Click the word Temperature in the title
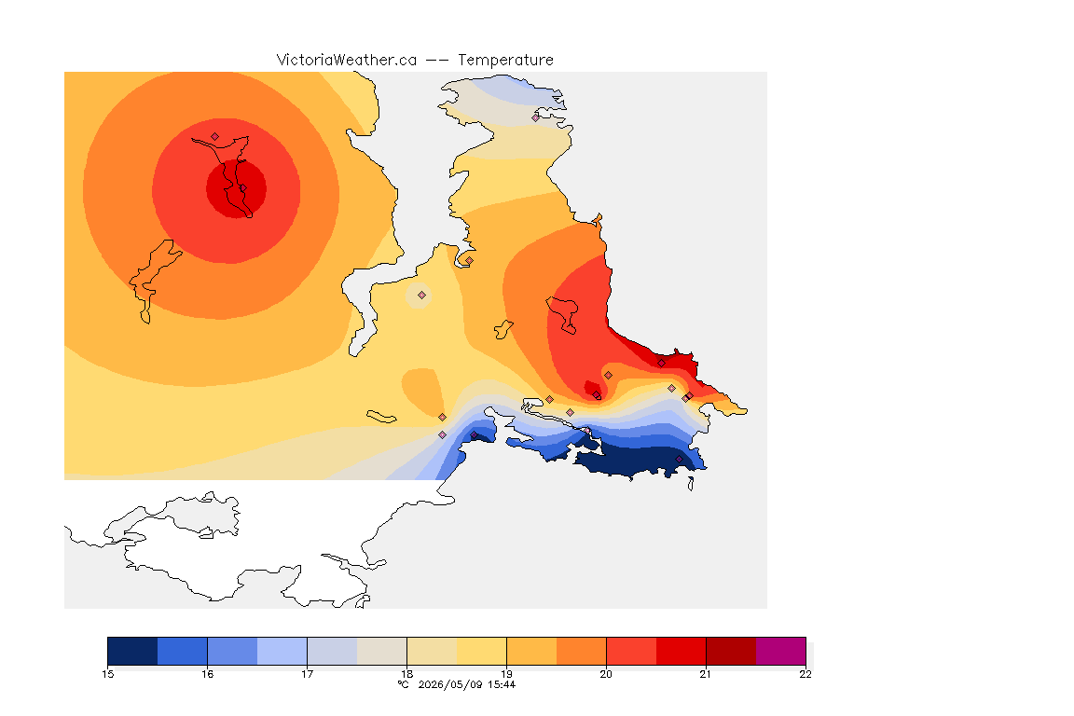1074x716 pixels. (505, 61)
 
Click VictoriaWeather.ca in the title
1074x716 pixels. (347, 61)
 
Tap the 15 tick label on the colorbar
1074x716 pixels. (107, 674)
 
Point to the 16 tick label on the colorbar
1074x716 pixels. (208, 674)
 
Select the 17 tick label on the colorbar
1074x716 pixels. (307, 674)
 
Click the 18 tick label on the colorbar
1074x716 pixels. (406, 674)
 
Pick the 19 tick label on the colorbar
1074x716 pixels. (506, 674)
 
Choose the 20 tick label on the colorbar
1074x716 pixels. (606, 674)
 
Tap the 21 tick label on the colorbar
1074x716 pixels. (706, 674)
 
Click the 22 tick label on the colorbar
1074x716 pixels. (805, 674)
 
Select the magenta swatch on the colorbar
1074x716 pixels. (781, 651)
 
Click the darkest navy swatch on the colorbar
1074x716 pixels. (133, 651)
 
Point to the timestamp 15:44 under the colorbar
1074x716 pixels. (502, 684)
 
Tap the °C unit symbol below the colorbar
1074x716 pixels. (404, 684)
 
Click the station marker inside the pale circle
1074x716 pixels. (422, 296)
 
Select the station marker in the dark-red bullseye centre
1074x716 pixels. (242, 188)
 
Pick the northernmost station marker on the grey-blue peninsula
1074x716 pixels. (536, 117)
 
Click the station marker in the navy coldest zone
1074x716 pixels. (679, 460)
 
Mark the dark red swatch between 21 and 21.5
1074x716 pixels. (731, 651)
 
